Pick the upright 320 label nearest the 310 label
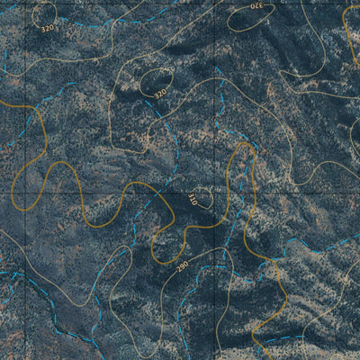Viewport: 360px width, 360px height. pos(160,93)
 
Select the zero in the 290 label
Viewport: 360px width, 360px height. pos(184,263)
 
